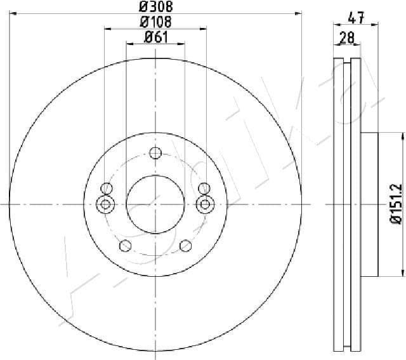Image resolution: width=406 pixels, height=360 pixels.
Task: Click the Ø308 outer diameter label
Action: click(x=155, y=7)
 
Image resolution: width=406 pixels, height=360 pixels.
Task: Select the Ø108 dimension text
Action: click(x=155, y=22)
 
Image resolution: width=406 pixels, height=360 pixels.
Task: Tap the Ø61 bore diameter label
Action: click(x=155, y=37)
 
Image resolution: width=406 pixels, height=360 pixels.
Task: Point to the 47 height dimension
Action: click(x=357, y=18)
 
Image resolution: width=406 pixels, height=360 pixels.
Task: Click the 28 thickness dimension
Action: click(x=347, y=39)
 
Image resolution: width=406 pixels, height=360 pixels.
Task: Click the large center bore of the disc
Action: click(x=155, y=204)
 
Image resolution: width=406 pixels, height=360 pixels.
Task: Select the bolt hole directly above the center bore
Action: click(x=155, y=152)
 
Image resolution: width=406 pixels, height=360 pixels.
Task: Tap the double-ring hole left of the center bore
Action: click(x=106, y=204)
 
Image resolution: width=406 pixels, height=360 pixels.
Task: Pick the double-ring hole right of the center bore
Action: click(x=204, y=204)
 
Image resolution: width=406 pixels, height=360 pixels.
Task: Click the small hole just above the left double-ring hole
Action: click(x=107, y=188)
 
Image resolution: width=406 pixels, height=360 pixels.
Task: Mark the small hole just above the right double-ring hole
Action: click(x=204, y=188)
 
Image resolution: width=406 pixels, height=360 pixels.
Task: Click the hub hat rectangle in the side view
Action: click(x=369, y=204)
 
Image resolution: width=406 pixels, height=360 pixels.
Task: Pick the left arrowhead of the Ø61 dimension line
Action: click(x=129, y=44)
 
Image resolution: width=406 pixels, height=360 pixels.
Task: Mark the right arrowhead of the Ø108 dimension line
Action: click(x=204, y=29)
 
